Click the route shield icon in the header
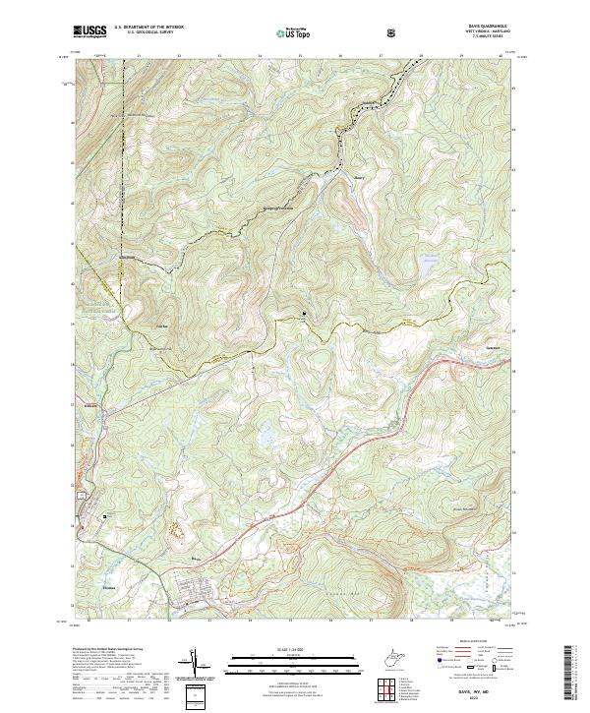pos(392,31)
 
